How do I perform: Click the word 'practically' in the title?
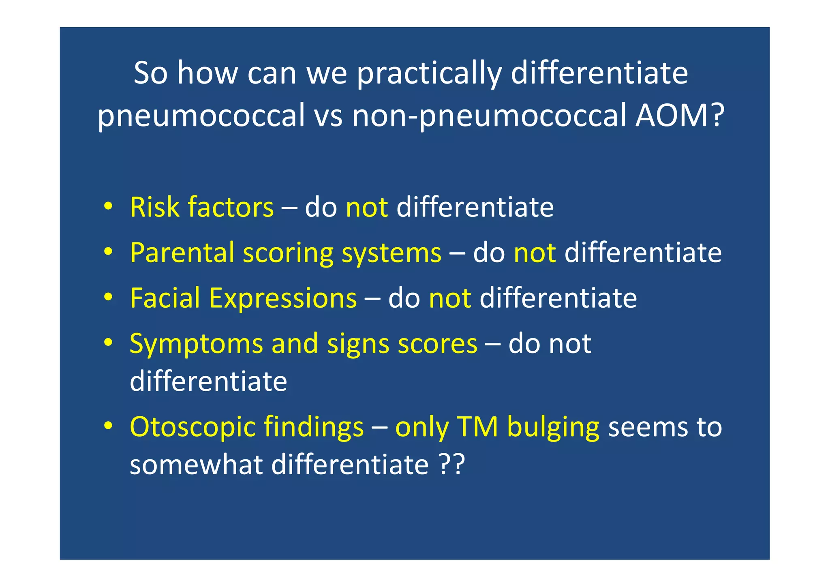click(429, 74)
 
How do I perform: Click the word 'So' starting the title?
click(150, 73)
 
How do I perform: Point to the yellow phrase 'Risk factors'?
click(202, 208)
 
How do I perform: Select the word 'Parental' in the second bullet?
click(182, 253)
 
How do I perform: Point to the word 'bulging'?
click(553, 428)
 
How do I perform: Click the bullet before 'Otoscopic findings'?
click(108, 426)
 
